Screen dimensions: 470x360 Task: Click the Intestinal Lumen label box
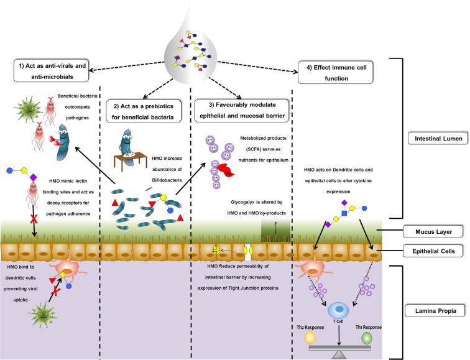click(x=438, y=138)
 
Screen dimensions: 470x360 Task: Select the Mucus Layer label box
click(x=433, y=231)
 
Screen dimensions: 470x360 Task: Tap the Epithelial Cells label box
click(x=433, y=251)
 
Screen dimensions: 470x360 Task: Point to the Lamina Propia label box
click(x=436, y=310)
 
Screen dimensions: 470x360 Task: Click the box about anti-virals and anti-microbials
click(x=52, y=71)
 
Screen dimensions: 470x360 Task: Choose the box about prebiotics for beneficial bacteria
click(x=144, y=111)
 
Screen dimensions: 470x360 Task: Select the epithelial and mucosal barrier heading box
click(x=242, y=110)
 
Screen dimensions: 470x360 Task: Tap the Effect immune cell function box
click(x=336, y=73)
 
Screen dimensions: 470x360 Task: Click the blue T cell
click(x=338, y=310)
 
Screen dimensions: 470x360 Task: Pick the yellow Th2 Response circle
click(x=310, y=338)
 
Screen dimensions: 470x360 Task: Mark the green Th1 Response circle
click(x=367, y=338)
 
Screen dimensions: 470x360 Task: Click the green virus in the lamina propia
click(x=43, y=314)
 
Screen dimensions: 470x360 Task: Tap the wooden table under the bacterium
click(x=131, y=161)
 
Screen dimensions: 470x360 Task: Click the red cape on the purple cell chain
click(x=226, y=170)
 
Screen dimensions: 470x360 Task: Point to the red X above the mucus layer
click(x=34, y=219)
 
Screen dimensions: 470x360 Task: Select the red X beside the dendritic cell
click(x=55, y=290)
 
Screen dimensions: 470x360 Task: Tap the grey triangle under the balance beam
click(x=339, y=354)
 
